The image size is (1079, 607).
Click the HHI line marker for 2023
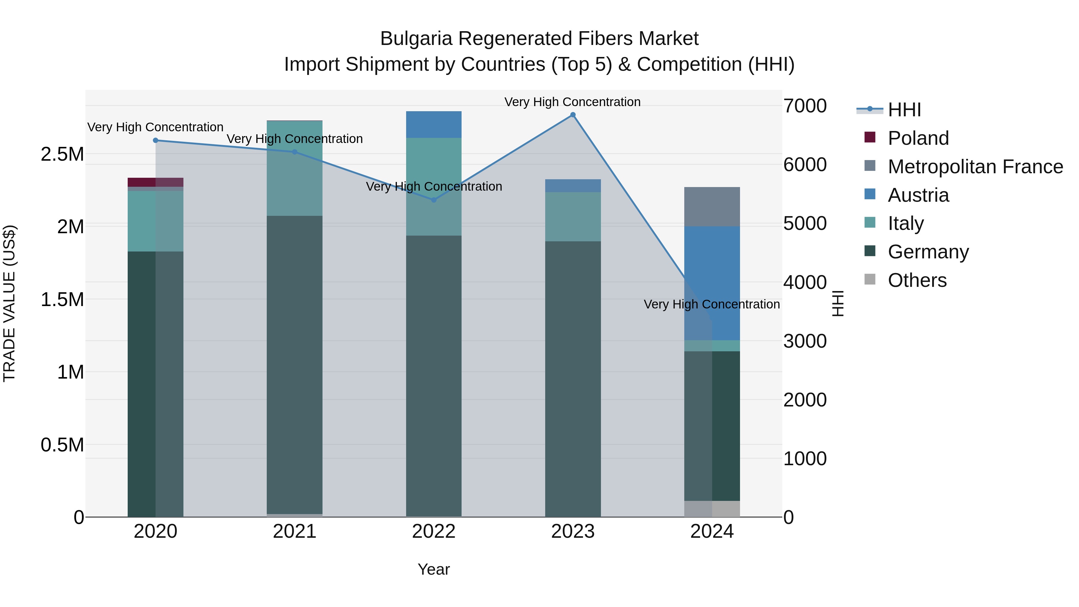coord(572,115)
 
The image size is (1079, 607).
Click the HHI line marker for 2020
coord(155,140)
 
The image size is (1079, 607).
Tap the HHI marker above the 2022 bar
coord(433,200)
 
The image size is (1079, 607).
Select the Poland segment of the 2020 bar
coord(155,182)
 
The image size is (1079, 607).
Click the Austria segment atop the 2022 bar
coord(433,124)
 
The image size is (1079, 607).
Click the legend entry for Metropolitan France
coord(975,167)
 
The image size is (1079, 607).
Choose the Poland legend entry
coord(918,138)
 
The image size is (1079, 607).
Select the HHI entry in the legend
coord(904,110)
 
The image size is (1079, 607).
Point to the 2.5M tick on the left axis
coord(62,154)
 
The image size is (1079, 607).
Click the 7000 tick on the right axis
coord(805,106)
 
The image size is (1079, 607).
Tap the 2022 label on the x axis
coord(433,531)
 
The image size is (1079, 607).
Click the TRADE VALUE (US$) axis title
coord(9,303)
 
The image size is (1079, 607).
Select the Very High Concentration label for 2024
coord(711,304)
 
